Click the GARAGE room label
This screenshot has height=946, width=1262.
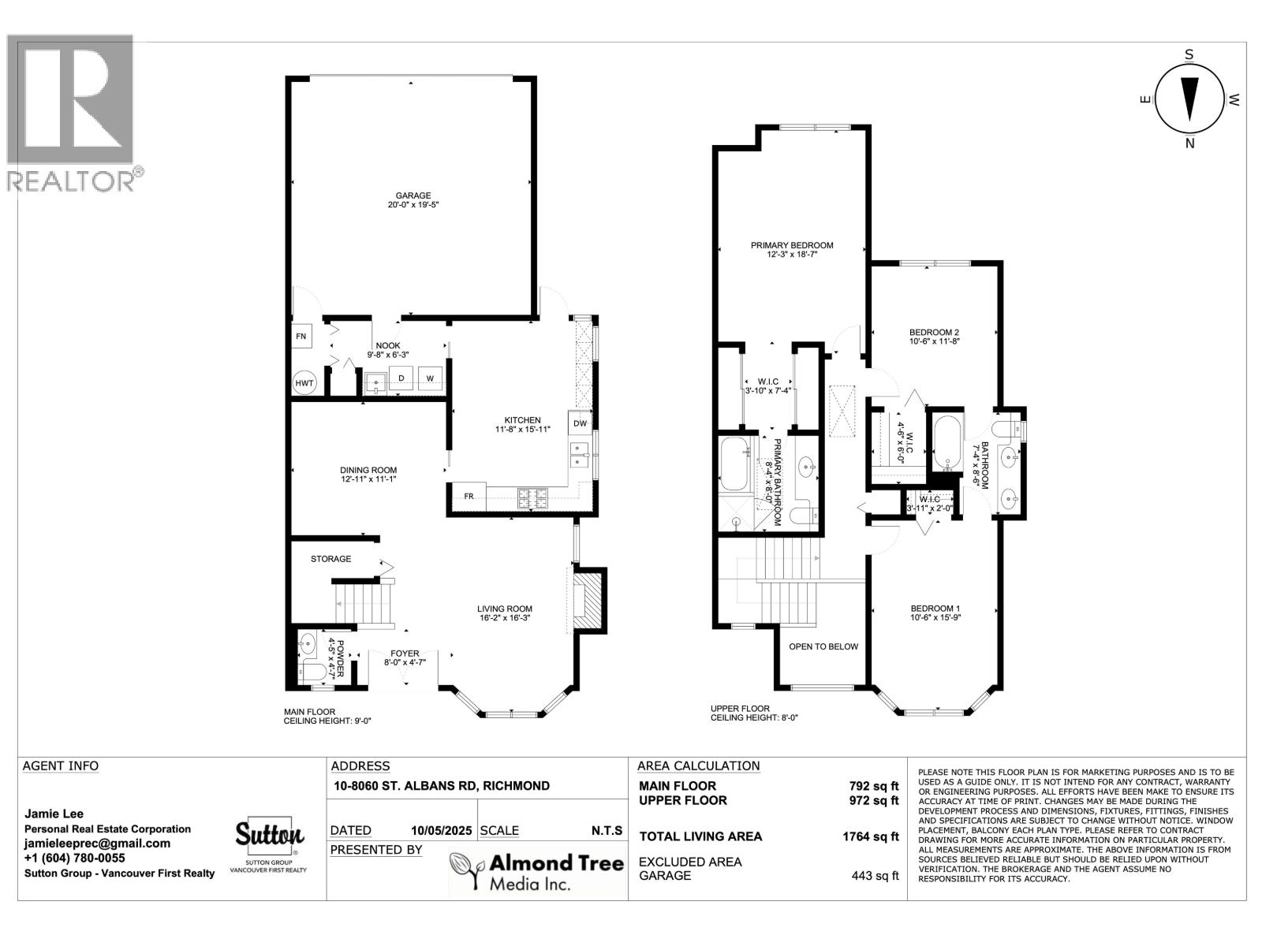point(413,196)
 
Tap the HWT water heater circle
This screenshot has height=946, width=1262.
point(304,383)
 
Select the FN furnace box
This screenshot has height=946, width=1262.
point(301,337)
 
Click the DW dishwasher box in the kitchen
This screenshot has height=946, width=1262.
point(580,423)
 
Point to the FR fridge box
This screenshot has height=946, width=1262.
point(468,496)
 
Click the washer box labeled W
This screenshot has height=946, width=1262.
point(430,378)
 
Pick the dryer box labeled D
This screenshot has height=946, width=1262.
point(401,378)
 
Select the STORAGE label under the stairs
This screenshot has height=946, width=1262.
point(330,559)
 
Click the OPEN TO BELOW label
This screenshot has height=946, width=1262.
point(823,646)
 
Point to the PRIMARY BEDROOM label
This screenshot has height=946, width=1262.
point(792,245)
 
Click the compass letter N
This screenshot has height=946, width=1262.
point(1190,143)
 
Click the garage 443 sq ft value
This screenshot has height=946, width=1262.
point(875,876)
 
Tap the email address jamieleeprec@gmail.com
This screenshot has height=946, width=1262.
point(97,844)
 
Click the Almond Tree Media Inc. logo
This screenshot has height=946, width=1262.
point(536,871)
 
